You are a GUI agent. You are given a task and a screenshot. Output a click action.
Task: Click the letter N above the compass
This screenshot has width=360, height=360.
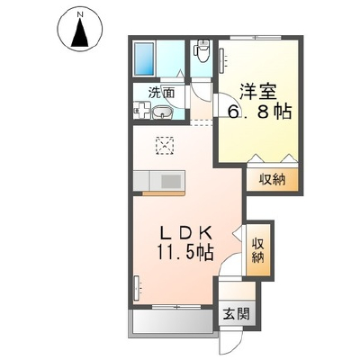[80, 13]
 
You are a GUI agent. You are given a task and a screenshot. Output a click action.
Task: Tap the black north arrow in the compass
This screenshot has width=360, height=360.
[80, 32]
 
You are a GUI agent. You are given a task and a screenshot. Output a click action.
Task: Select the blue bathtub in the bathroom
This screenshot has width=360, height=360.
[144, 58]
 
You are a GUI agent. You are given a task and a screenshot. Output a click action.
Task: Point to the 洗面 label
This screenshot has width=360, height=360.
[162, 93]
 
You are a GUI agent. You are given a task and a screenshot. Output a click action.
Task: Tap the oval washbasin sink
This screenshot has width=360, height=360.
[162, 113]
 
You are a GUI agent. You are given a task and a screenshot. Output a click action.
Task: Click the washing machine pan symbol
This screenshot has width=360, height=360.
[142, 110]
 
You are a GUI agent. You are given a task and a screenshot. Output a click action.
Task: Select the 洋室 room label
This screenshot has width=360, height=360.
[258, 91]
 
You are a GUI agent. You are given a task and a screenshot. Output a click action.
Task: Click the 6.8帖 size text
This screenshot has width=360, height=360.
[259, 112]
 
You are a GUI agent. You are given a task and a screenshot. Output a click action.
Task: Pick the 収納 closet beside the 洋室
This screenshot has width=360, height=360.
[272, 179]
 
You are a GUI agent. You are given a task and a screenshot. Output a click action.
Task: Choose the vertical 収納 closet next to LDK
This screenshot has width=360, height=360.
[258, 250]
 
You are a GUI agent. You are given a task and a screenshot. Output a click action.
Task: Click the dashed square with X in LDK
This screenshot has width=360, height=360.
[165, 145]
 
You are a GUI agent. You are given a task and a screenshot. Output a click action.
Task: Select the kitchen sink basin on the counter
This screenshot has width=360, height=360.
[170, 181]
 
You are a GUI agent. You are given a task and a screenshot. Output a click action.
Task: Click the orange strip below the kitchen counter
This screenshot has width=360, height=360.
[164, 193]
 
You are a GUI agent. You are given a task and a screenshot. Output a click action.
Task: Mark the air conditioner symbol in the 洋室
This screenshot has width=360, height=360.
[222, 61]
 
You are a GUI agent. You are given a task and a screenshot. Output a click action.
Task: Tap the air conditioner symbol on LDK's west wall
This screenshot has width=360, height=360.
[137, 288]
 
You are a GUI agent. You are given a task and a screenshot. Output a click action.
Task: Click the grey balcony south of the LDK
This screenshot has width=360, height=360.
[171, 320]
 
